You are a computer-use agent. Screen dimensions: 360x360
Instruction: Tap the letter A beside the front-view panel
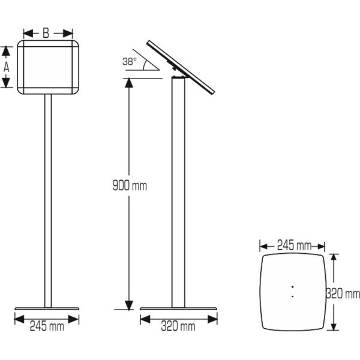tap(7, 67)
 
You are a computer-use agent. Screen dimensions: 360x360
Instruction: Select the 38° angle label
tap(129, 61)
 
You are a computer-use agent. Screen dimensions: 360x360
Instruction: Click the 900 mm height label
tap(130, 186)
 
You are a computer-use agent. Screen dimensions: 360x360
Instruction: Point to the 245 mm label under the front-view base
tap(47, 327)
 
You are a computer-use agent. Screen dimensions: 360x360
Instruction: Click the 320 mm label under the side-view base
tap(178, 327)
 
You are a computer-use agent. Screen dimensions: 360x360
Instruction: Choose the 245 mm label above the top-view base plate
tap(293, 245)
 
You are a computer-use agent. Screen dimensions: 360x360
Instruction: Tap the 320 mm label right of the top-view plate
tap(343, 294)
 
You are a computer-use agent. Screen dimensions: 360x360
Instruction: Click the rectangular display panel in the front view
tap(48, 67)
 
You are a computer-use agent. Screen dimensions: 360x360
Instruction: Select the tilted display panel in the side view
tap(182, 67)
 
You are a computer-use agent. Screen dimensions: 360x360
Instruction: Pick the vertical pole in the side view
tap(178, 192)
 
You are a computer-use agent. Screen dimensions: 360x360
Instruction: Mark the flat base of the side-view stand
tap(178, 310)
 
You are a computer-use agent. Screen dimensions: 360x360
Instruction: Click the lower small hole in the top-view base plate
tap(292, 295)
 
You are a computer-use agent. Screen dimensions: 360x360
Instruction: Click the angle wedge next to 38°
tap(151, 64)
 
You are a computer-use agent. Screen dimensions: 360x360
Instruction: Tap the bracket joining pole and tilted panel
tap(177, 73)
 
